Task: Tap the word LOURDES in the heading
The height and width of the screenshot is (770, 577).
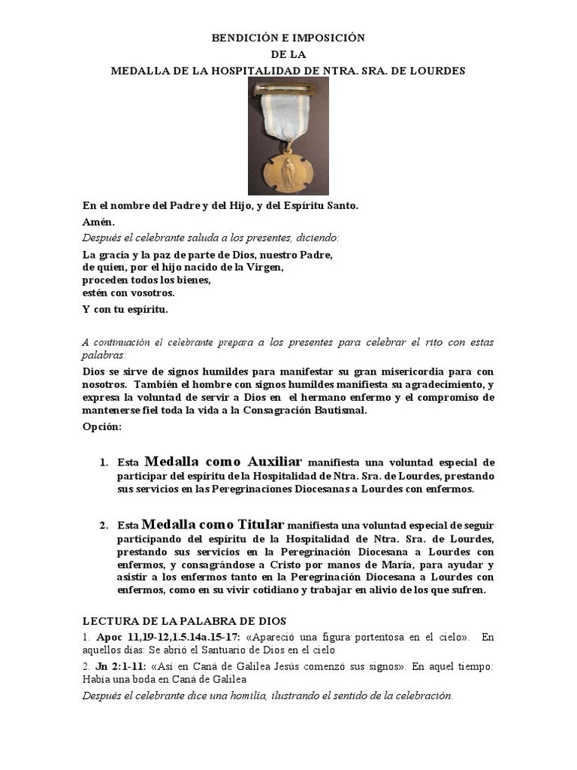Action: click(x=439, y=71)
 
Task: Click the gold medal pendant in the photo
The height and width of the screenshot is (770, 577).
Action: click(x=288, y=168)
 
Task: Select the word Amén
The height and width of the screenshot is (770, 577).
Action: click(x=98, y=222)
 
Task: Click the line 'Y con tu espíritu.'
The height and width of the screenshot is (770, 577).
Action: click(x=125, y=310)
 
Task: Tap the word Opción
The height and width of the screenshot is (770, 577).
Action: click(x=101, y=427)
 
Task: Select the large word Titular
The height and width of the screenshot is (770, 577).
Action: click(x=250, y=524)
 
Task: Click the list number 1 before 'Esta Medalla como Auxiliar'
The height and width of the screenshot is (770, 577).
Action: click(x=103, y=462)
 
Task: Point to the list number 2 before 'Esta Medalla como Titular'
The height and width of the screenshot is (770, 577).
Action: click(x=103, y=526)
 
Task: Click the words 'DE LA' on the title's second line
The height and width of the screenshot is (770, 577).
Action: click(x=288, y=54)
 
